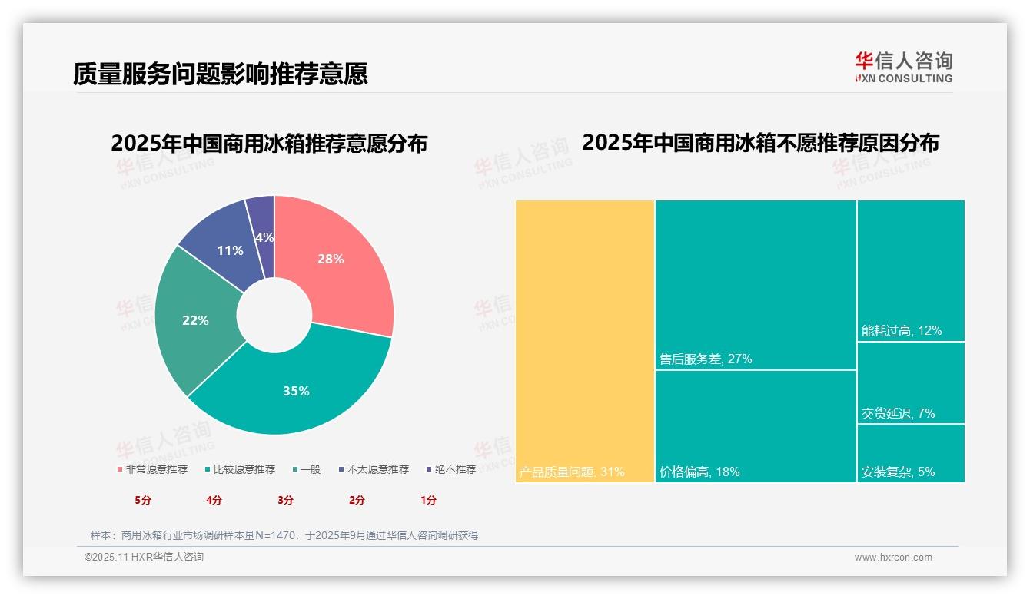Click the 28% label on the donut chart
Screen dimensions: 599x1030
coord(331,259)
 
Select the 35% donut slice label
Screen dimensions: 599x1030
coord(296,391)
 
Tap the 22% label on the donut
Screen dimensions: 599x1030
coord(195,320)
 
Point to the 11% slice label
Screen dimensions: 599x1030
coord(230,250)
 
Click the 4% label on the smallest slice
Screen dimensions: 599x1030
coord(264,237)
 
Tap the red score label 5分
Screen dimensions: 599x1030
coord(143,500)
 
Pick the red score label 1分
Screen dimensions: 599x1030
coord(428,500)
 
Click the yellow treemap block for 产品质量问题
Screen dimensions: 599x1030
coord(584,338)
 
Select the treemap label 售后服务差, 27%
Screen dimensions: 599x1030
coord(706,359)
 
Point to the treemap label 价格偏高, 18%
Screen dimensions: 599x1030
coord(699,472)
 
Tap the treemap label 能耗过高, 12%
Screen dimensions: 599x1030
coord(902,331)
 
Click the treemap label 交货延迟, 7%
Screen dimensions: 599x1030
coord(898,413)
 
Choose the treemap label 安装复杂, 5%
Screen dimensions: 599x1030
coord(898,472)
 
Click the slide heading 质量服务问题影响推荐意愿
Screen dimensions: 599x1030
coord(221,74)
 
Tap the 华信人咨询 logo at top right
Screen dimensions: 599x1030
coord(903,66)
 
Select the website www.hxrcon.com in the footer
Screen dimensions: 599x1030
coord(893,558)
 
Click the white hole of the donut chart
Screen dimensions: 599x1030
coord(274,316)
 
